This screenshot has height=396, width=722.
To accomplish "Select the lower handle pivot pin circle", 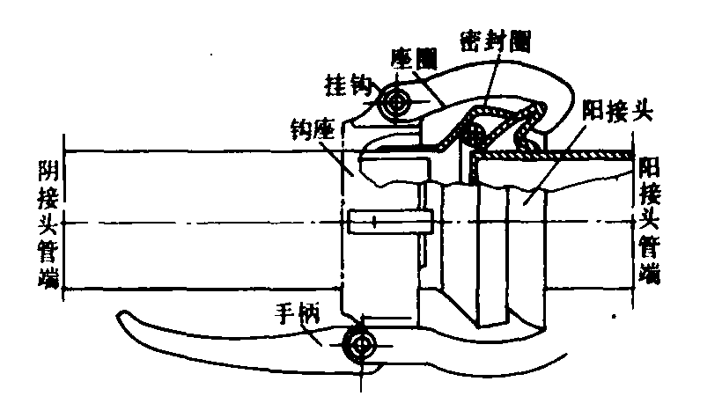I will [362, 344].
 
